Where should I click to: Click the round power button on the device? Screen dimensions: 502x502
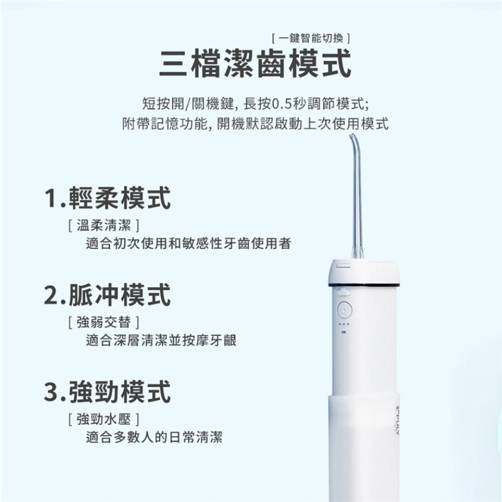coord(344,310)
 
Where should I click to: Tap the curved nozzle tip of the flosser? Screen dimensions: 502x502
coord(352,136)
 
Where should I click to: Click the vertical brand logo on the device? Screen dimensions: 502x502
coord(398,420)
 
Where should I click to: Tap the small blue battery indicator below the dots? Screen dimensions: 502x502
coord(344,332)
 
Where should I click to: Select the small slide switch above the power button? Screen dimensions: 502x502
coord(343,292)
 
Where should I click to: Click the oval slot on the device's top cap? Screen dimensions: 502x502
coord(343,266)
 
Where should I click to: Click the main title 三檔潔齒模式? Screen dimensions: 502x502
coord(255,63)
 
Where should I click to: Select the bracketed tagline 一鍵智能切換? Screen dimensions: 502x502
coord(311,39)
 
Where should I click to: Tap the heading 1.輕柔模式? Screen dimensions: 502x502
coord(107,198)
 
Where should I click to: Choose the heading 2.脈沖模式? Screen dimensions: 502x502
coord(107,295)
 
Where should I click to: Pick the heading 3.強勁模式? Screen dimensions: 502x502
coord(107,392)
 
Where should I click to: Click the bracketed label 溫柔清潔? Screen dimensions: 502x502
coord(104,226)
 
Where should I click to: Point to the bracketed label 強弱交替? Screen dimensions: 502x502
coord(104,322)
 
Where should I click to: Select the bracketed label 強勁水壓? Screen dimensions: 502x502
coord(104,419)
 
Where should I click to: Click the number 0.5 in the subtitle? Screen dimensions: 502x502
coord(282,104)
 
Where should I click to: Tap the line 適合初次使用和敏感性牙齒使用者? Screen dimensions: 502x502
coord(189,243)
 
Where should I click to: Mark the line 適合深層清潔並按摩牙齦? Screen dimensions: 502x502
coord(161,340)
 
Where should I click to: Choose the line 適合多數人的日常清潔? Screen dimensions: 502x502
coord(154,437)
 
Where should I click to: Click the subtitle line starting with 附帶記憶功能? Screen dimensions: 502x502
coord(255,124)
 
